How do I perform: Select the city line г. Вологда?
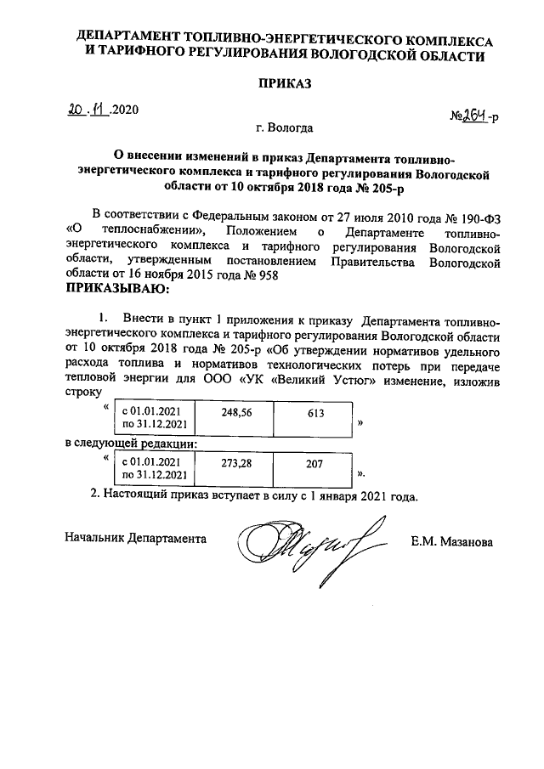(x=284, y=129)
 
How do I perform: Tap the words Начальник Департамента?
(x=135, y=538)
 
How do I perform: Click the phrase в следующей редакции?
(x=132, y=444)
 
